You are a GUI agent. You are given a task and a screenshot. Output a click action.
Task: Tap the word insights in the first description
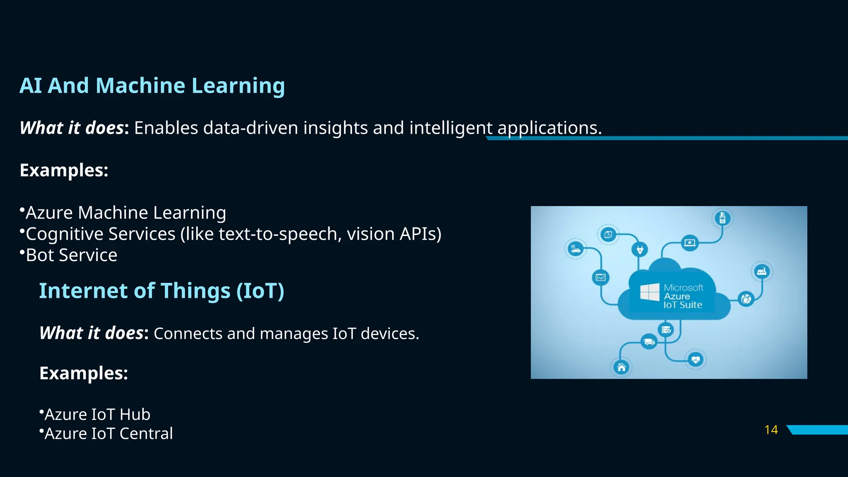point(335,128)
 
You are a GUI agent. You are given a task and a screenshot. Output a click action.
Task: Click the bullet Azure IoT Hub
point(97,414)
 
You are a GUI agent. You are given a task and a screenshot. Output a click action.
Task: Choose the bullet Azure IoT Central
point(108,434)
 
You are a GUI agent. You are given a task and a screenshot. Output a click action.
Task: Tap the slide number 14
point(771,430)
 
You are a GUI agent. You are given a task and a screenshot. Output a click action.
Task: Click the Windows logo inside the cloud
point(649,292)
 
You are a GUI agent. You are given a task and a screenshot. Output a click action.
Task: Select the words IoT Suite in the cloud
point(683,305)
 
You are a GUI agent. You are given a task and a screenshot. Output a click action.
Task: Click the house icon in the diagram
point(621,367)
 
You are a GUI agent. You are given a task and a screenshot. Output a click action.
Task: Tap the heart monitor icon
point(695,359)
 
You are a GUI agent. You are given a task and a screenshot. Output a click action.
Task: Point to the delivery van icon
point(648,342)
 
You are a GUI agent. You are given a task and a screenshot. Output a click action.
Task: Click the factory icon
point(761,272)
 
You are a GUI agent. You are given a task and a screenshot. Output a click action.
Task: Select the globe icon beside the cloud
point(746,299)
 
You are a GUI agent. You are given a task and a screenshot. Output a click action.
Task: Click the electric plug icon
point(640,250)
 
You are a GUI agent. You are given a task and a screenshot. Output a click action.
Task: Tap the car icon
point(575,249)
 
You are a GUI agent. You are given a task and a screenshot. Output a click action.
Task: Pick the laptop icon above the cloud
point(690,242)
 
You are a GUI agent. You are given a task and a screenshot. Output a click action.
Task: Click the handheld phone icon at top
point(722,218)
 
